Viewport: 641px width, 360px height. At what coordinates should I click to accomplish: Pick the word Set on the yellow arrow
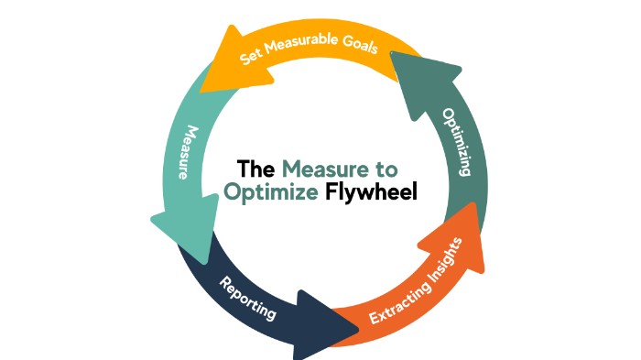tap(253, 56)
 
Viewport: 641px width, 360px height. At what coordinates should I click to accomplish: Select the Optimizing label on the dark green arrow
tap(457, 141)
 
